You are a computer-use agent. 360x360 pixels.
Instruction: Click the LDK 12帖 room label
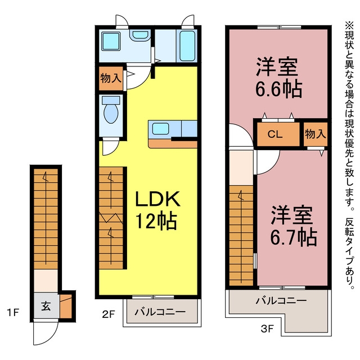157,210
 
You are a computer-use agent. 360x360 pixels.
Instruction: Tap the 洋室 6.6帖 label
278,78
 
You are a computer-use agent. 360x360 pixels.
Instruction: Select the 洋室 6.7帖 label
294,226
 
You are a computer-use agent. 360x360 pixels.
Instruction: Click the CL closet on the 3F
278,134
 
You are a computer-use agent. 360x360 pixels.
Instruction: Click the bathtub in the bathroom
187,46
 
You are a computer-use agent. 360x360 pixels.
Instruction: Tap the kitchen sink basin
161,129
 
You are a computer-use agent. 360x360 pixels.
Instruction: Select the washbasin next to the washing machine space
140,35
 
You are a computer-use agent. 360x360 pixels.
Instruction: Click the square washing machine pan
111,41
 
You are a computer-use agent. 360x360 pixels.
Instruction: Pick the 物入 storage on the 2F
111,78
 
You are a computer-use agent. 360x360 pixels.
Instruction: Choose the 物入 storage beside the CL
316,134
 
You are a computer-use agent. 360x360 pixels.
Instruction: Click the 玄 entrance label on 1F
46,306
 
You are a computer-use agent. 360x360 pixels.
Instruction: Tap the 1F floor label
13,312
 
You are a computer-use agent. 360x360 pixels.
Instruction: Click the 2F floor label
108,314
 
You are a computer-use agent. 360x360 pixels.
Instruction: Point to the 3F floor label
267,329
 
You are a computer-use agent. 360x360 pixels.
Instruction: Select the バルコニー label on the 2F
160,312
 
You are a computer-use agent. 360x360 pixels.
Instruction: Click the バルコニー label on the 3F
281,300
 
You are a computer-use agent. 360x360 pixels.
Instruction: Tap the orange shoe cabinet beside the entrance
66,306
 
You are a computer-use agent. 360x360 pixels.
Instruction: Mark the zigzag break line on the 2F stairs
111,218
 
